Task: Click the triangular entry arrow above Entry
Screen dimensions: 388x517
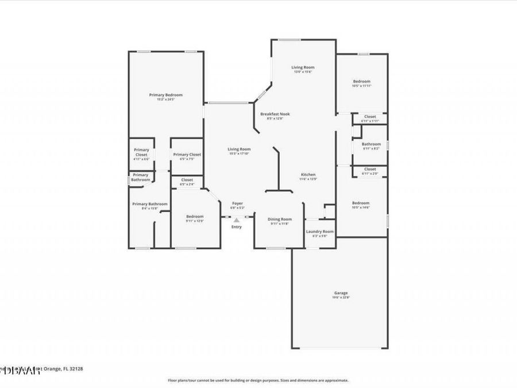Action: (x=236, y=220)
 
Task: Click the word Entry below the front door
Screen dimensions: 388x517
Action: (x=236, y=227)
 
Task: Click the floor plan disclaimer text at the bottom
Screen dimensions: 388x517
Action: (x=258, y=380)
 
